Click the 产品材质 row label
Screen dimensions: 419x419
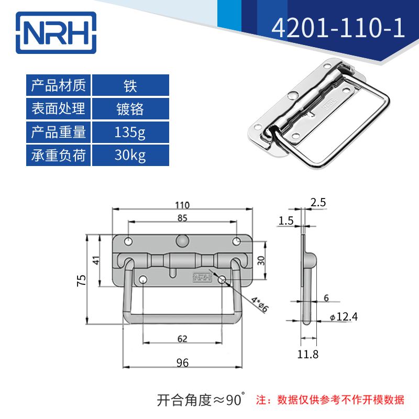click(x=59, y=85)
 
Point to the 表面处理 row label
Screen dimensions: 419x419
click(x=59, y=108)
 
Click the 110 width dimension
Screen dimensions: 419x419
click(x=182, y=205)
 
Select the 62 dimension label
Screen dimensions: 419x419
click(x=182, y=339)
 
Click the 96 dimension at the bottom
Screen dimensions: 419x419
click(x=182, y=362)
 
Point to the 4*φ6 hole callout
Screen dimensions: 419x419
click(x=258, y=304)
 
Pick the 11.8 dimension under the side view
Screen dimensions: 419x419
click(x=307, y=355)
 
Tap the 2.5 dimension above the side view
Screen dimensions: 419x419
click(x=318, y=202)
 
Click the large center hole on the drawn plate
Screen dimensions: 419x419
click(x=182, y=240)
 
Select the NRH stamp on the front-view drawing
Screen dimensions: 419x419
click(x=202, y=278)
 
